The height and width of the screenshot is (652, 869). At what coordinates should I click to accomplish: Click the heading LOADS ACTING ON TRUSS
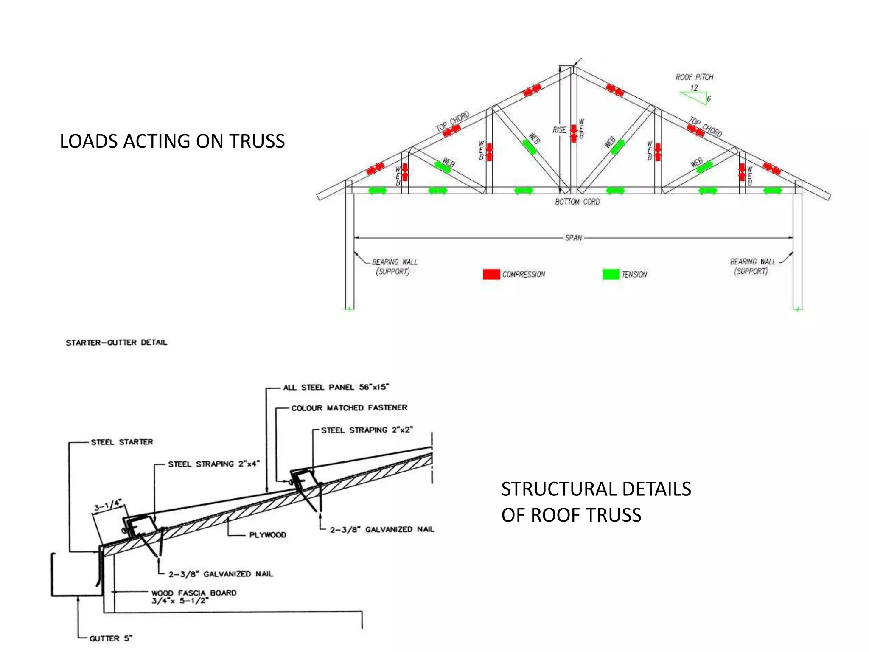coord(172,141)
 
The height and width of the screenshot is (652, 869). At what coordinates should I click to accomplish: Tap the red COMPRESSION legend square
coord(491,274)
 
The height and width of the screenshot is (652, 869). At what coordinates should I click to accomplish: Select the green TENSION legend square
coord(610,274)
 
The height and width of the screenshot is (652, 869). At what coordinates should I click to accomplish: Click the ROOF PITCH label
coord(694,77)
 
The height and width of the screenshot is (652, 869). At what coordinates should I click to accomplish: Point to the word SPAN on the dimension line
coord(573,238)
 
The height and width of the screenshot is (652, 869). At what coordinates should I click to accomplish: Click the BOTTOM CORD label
coord(577,202)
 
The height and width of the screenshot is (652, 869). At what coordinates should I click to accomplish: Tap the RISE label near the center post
coord(559,130)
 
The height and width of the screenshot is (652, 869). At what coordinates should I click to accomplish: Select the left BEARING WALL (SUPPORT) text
coord(394,267)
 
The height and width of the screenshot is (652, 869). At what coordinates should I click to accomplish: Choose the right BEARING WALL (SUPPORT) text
coord(752,266)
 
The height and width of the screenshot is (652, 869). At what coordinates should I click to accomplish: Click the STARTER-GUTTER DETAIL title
coord(116,343)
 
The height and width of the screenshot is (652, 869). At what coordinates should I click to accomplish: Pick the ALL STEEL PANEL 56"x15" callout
coord(336,387)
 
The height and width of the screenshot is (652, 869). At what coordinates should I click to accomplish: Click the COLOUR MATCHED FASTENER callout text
coord(349,408)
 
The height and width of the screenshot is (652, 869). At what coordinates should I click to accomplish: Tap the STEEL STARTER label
coord(122,442)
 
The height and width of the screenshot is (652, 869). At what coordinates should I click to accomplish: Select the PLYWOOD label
coord(267,535)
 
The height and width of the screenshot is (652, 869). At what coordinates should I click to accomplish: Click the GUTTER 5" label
coord(111,638)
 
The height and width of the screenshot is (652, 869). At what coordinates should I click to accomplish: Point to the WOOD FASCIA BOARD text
coord(194,593)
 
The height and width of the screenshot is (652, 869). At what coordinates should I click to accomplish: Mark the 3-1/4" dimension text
coord(107,506)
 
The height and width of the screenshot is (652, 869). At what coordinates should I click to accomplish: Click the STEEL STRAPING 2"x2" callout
coord(367,430)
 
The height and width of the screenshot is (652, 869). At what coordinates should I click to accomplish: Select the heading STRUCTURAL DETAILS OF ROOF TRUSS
coord(596,502)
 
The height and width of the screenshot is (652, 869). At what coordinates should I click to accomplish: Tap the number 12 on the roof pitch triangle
coord(694,88)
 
